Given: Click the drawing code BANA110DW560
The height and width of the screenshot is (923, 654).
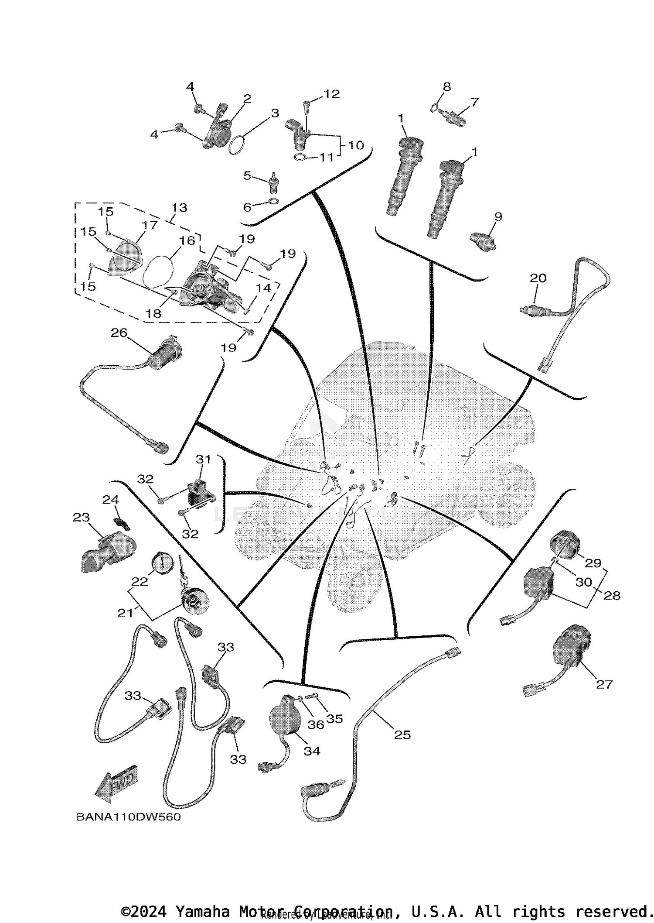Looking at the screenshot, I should click(x=128, y=817).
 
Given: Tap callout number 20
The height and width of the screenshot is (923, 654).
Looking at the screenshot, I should click(x=538, y=278).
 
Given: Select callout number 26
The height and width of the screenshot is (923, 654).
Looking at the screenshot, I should click(x=119, y=333).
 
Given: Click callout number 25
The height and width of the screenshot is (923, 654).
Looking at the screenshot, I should click(x=402, y=734).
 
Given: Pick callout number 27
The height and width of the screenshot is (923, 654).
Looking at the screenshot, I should click(x=604, y=684).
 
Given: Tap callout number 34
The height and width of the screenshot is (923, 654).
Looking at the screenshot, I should click(x=312, y=751).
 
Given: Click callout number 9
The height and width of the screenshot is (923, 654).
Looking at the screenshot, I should click(x=498, y=216).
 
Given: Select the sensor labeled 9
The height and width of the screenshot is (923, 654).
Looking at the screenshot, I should click(x=482, y=240).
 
